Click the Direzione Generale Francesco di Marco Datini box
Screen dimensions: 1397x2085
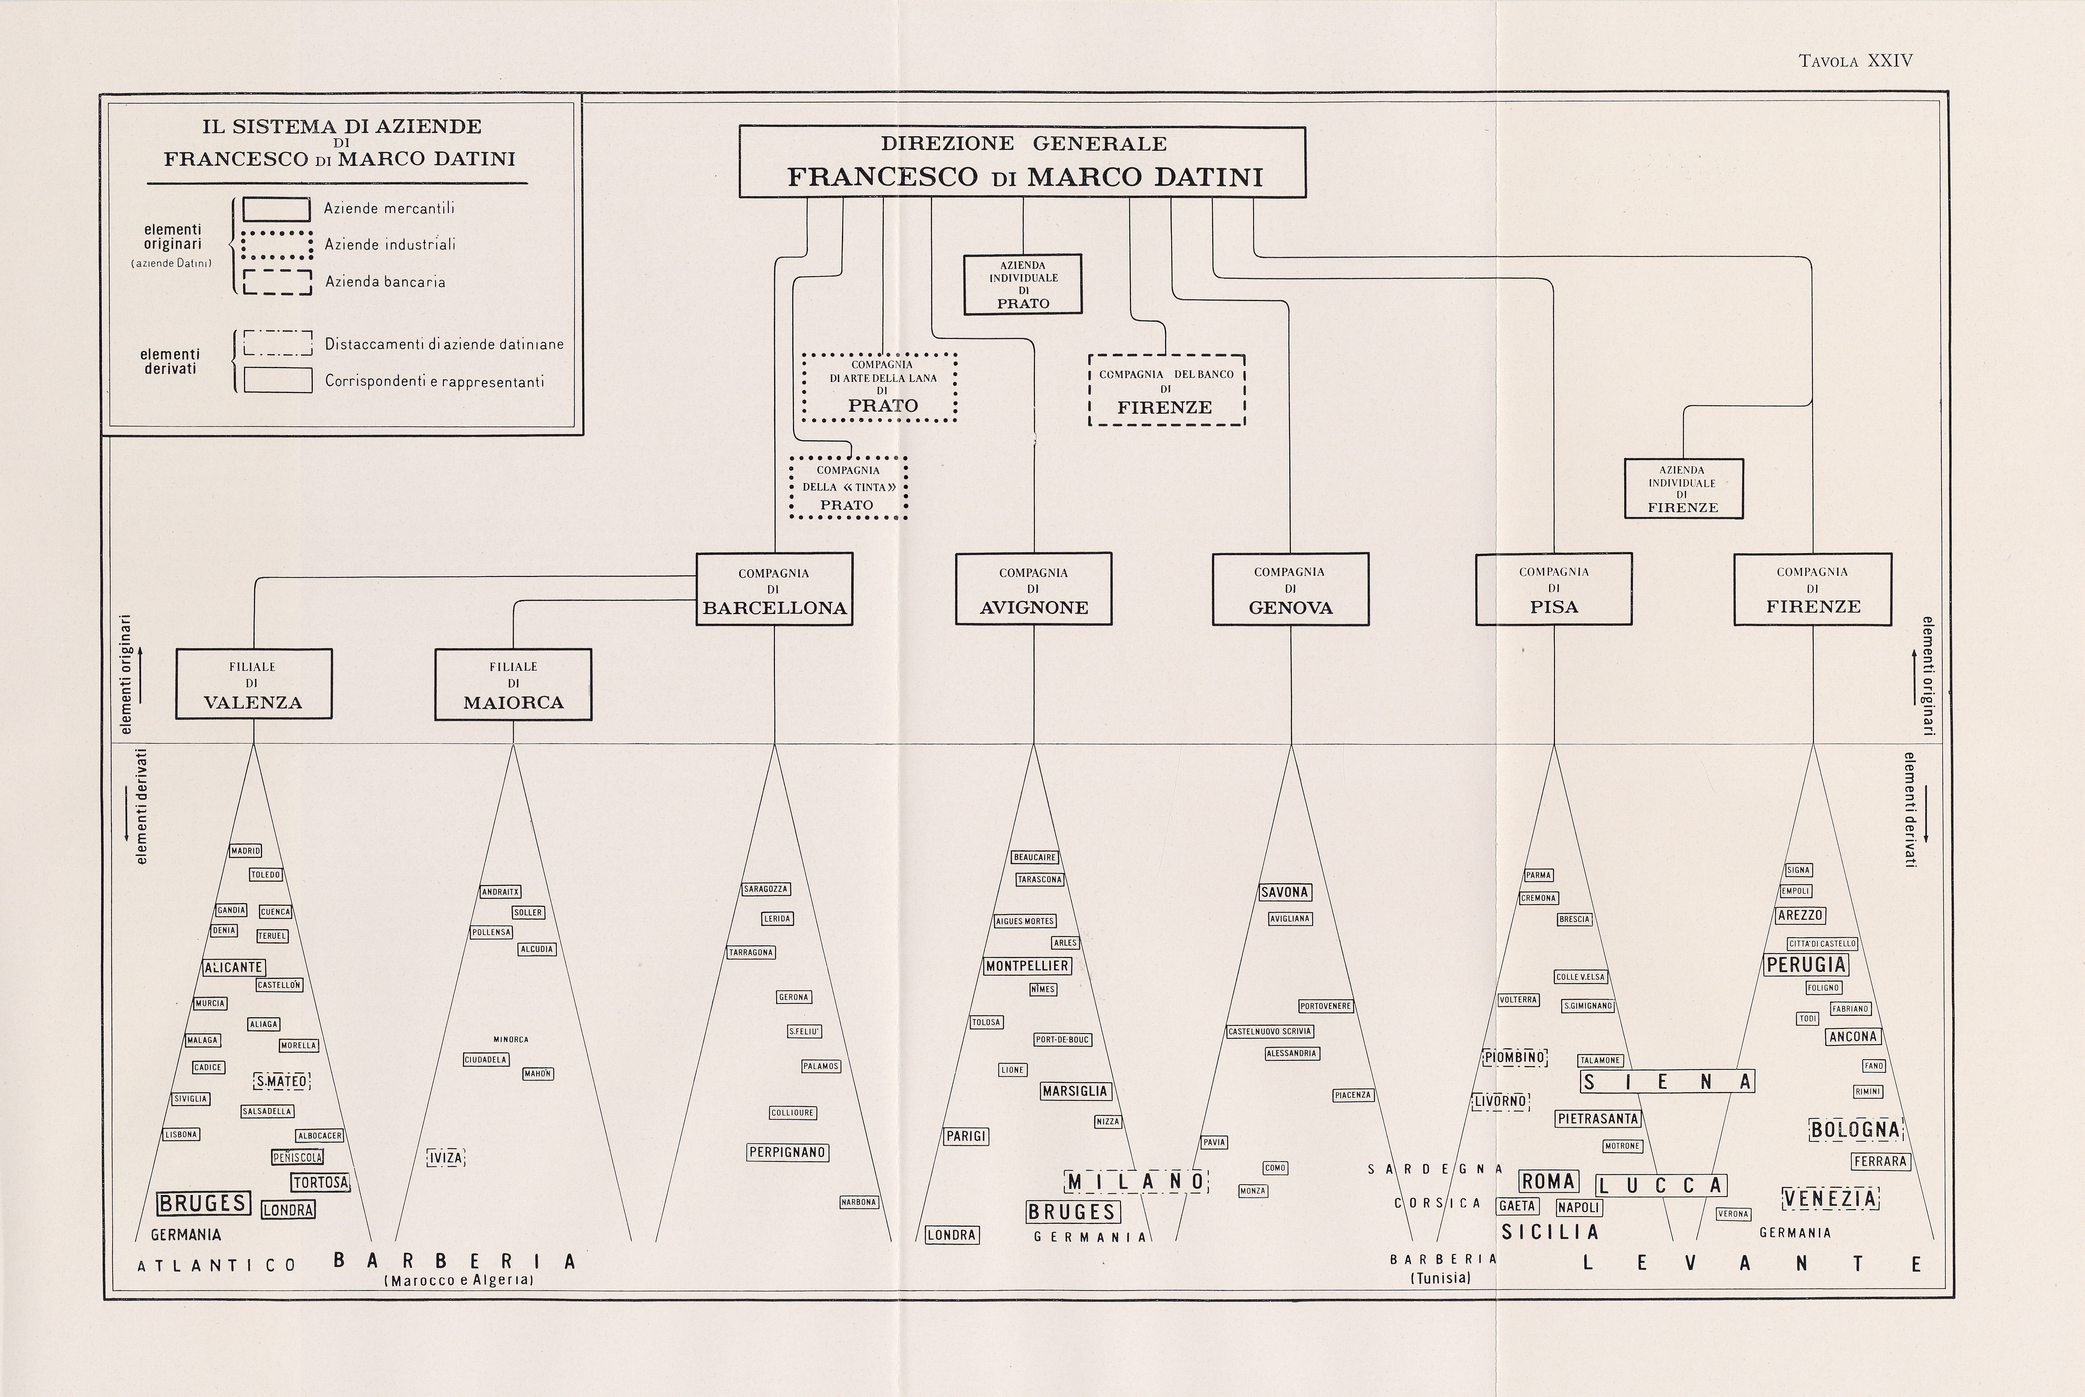coord(1022,161)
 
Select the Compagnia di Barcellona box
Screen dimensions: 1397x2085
coord(773,589)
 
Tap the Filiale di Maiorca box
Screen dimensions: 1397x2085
coord(513,684)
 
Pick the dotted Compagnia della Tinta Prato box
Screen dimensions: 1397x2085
coord(847,488)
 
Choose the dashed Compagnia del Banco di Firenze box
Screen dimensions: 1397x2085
coord(1166,390)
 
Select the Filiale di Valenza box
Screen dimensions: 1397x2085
coord(254,684)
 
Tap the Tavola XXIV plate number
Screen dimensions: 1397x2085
coord(1855,61)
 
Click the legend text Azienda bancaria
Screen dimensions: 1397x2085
coord(385,282)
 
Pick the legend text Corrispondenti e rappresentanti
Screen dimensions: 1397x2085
coord(434,382)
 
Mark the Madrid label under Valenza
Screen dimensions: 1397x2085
coord(246,851)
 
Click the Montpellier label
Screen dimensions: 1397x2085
coord(1027,966)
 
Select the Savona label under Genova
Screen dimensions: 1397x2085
coord(1284,892)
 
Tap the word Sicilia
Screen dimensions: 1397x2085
coord(1550,1232)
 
